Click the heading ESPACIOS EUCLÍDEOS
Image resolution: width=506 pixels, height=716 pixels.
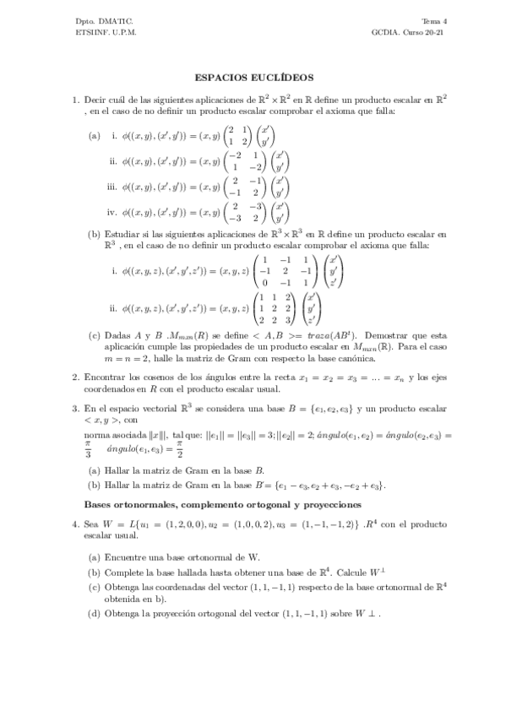tap(253, 75)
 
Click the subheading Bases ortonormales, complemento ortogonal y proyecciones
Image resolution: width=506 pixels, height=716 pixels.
tap(223, 504)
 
